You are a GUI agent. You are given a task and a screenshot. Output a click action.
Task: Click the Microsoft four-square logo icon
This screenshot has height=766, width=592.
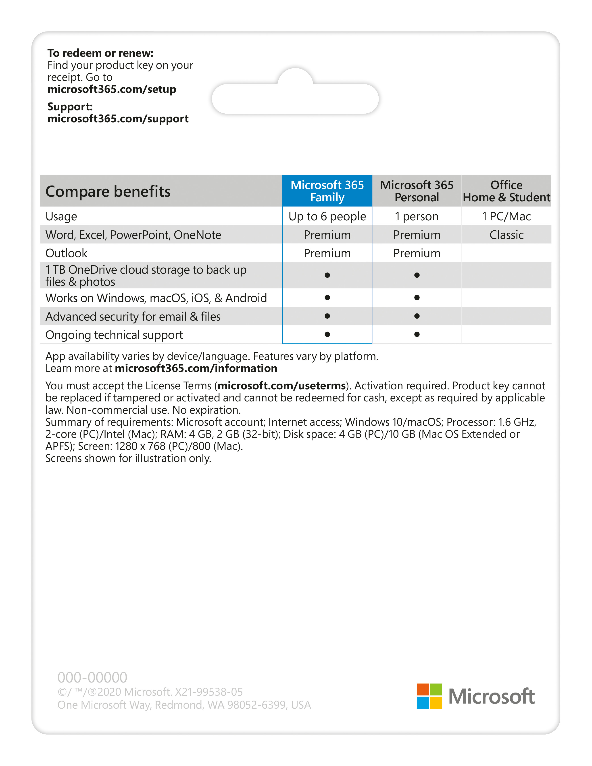click(x=429, y=696)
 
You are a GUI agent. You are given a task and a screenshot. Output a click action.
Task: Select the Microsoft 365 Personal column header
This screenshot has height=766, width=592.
click(x=417, y=191)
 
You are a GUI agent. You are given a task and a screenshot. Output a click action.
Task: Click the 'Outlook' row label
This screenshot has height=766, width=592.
click(x=66, y=253)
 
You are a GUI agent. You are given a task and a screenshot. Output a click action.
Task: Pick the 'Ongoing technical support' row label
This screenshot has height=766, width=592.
click(x=114, y=335)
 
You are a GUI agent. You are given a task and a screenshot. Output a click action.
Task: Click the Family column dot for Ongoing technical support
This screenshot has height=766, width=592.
click(x=327, y=334)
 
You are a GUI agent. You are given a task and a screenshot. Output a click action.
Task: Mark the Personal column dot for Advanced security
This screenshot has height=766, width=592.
click(x=417, y=316)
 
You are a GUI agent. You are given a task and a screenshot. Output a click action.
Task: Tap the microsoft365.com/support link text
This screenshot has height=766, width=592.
click(x=118, y=119)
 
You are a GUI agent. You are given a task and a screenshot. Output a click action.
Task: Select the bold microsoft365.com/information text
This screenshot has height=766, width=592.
click(x=196, y=368)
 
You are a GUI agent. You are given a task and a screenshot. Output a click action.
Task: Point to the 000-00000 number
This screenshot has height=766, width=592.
click(x=92, y=677)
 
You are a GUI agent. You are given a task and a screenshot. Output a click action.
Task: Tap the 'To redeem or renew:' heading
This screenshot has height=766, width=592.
click(x=100, y=53)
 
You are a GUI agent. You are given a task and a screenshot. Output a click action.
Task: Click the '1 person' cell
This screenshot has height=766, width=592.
click(x=417, y=216)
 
